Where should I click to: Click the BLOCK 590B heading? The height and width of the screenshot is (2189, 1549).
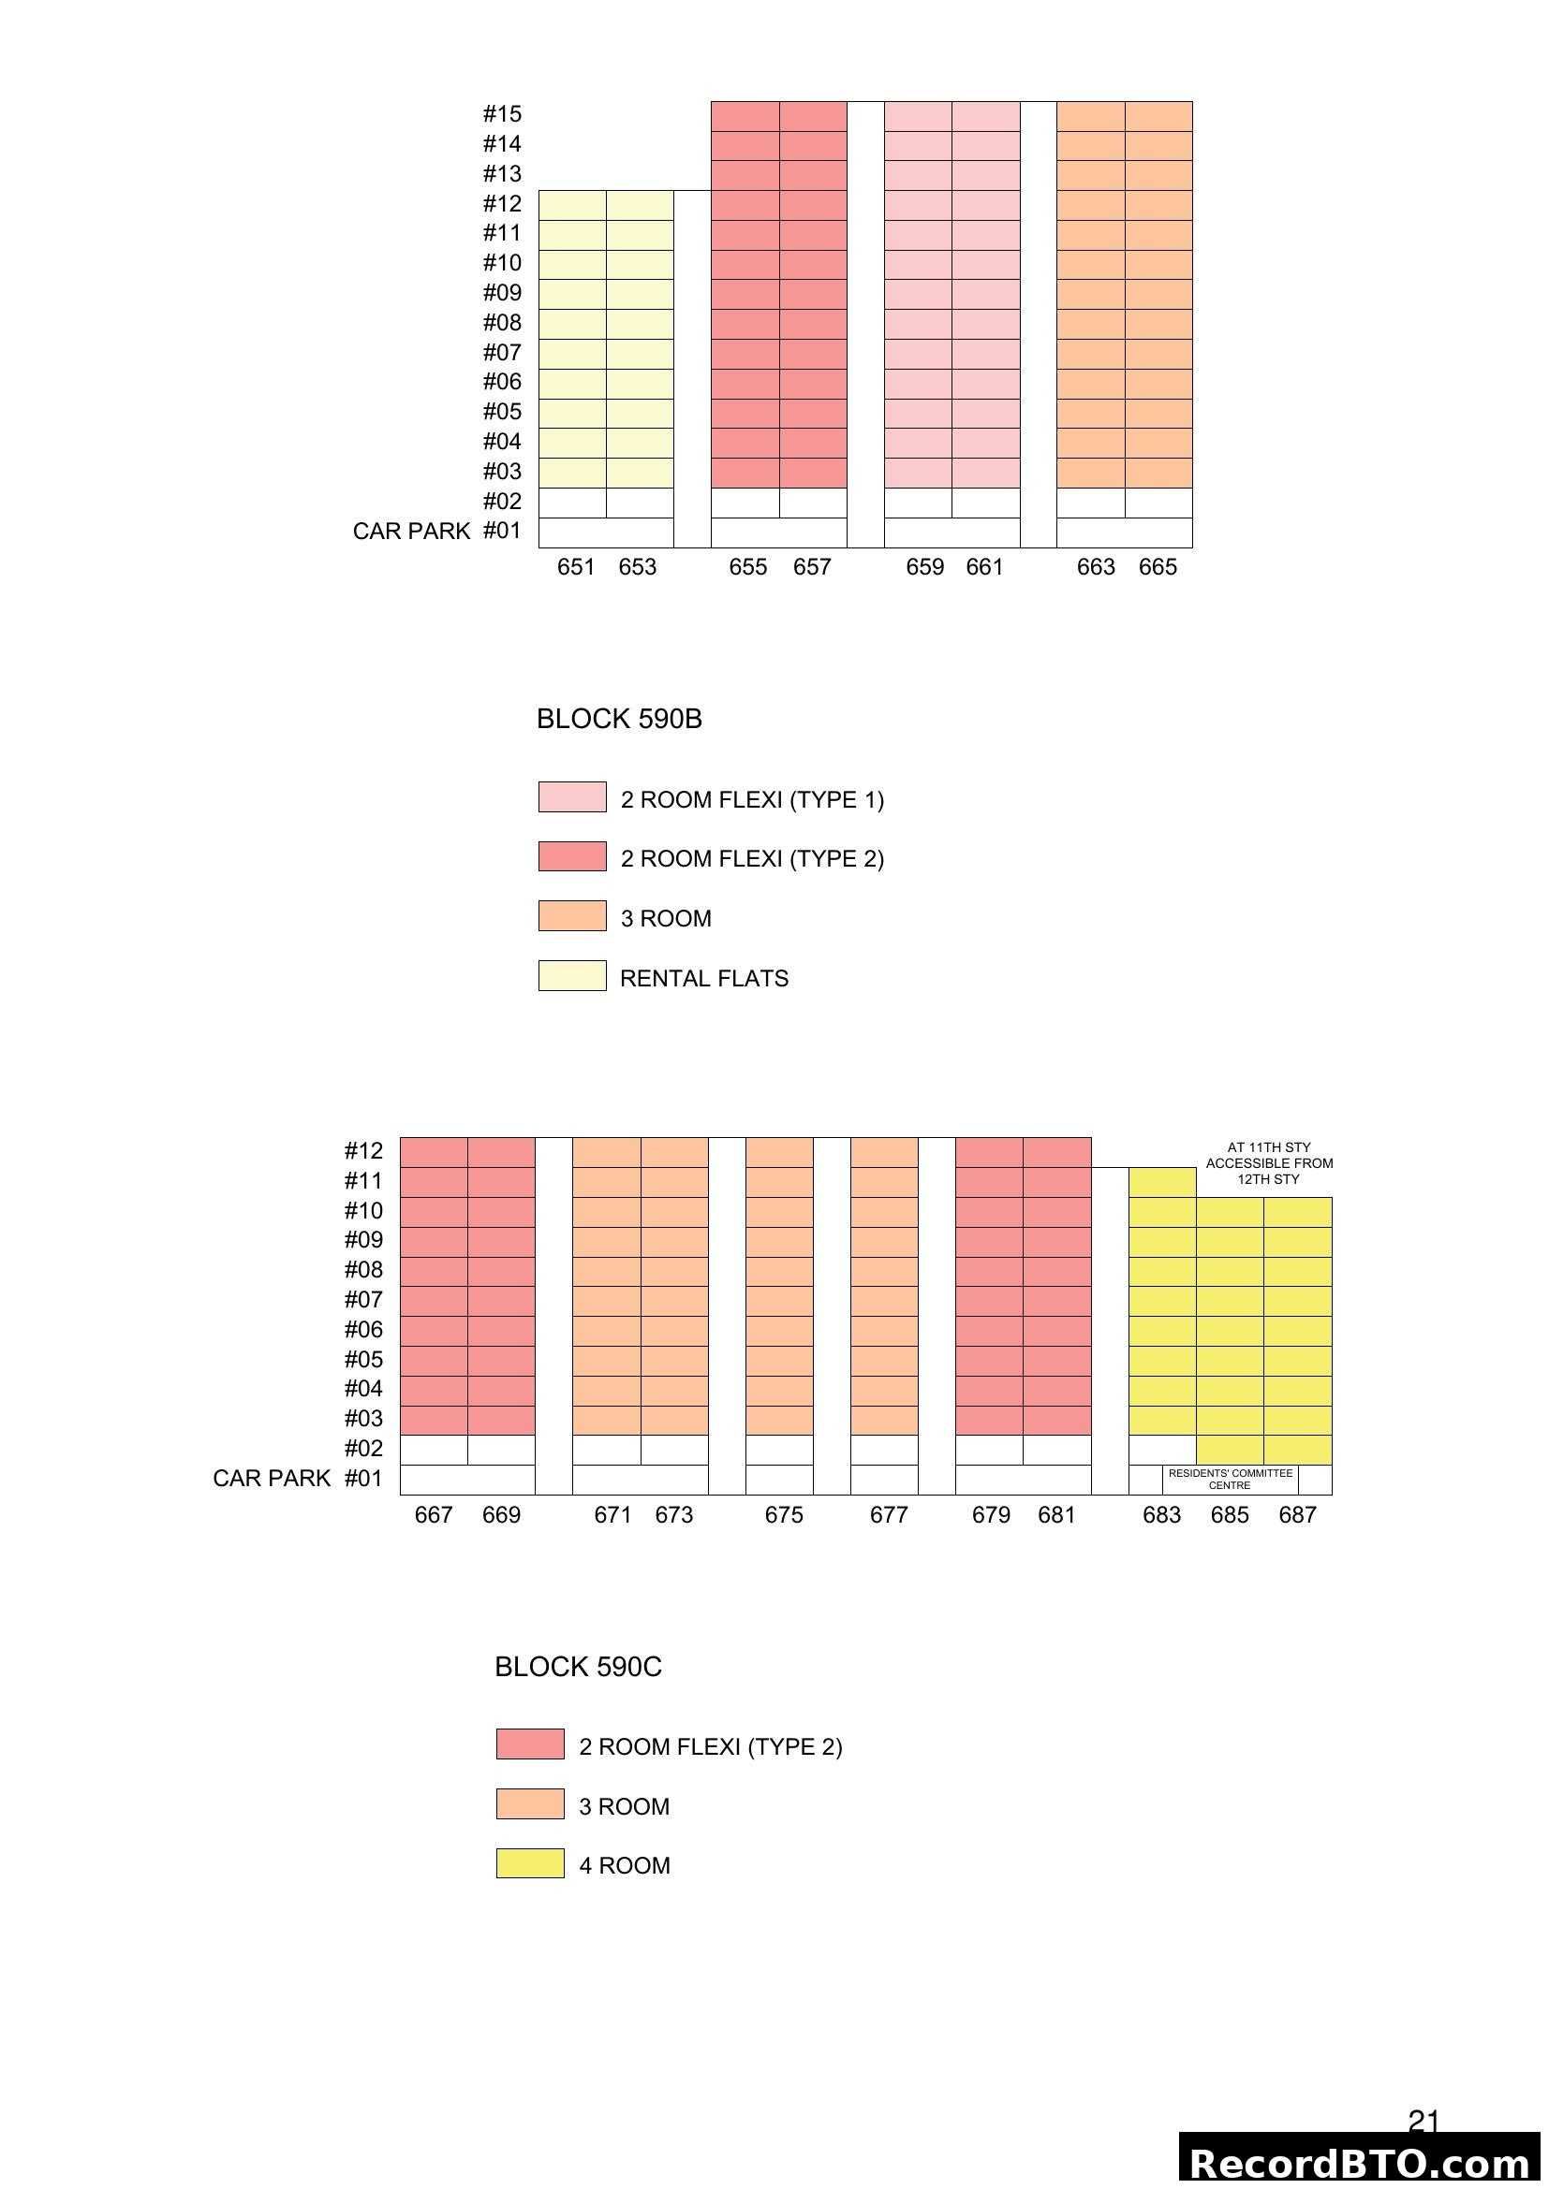[619, 719]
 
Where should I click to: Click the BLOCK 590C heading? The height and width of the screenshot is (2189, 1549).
[577, 1667]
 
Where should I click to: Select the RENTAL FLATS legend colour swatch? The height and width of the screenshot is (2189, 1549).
[571, 975]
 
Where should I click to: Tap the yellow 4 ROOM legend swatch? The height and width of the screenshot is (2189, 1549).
[529, 1863]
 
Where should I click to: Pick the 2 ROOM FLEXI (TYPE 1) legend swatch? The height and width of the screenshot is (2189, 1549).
[571, 797]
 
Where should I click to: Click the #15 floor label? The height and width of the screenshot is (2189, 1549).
[502, 114]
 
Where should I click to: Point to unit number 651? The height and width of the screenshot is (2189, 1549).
[575, 567]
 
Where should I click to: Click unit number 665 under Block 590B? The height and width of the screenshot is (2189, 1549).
[1157, 567]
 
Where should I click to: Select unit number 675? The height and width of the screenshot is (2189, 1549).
[783, 1515]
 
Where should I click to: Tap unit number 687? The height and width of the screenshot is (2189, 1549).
[1297, 1515]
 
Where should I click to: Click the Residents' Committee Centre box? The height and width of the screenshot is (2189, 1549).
[1230, 1479]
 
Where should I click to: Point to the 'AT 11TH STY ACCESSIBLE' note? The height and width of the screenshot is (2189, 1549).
[1269, 1163]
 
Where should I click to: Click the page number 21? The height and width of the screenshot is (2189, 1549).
[1424, 2121]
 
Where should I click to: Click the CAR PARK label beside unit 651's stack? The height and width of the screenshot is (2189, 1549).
[411, 531]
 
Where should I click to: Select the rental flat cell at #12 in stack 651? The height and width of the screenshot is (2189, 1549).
[572, 205]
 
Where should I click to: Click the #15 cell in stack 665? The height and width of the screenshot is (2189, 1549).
[1158, 116]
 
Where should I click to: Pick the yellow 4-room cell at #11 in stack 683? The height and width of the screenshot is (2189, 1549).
[1161, 1182]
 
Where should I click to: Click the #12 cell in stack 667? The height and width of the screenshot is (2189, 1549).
[433, 1152]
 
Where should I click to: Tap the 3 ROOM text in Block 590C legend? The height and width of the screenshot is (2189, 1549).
[624, 1805]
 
